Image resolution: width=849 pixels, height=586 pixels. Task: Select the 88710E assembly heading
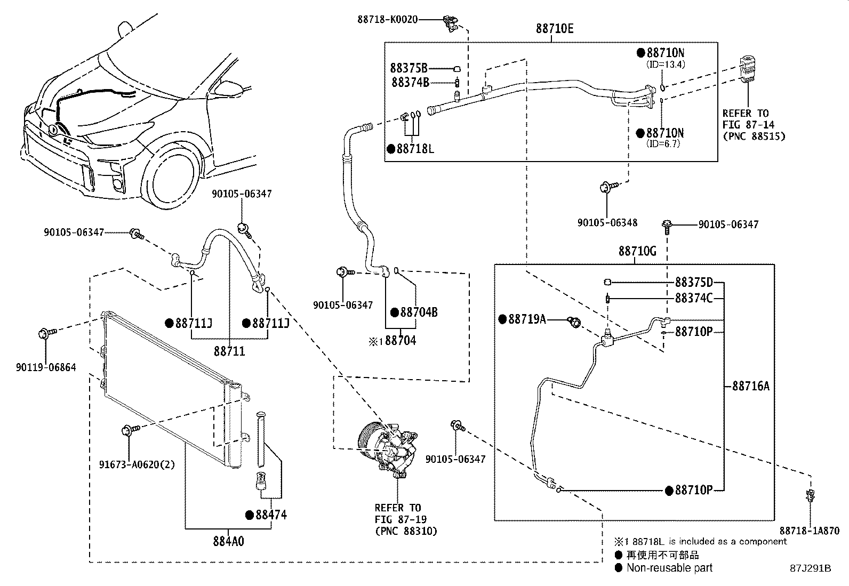click(x=555, y=29)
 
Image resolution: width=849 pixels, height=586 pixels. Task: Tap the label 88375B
click(x=409, y=68)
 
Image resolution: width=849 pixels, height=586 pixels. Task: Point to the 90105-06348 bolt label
click(x=607, y=222)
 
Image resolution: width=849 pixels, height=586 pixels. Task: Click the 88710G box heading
click(x=637, y=251)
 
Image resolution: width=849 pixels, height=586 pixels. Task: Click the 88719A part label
click(x=527, y=319)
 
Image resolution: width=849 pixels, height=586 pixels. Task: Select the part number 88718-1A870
click(x=809, y=531)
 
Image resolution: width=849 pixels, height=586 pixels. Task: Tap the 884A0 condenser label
click(x=229, y=541)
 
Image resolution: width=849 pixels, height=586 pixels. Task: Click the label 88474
click(x=271, y=515)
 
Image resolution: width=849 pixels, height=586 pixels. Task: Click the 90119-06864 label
click(x=46, y=367)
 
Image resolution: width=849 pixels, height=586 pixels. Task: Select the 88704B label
click(x=419, y=312)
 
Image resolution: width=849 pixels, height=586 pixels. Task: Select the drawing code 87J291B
click(x=811, y=568)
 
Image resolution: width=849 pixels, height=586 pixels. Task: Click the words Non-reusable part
click(x=669, y=568)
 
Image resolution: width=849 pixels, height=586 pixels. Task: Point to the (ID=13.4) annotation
click(x=666, y=64)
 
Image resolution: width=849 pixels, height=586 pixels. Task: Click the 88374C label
click(x=693, y=298)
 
